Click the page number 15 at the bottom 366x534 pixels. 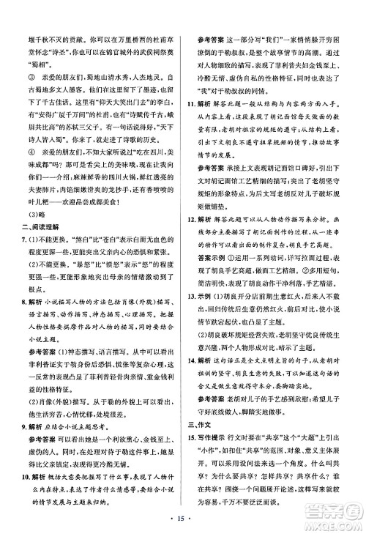[x=182, y=521]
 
